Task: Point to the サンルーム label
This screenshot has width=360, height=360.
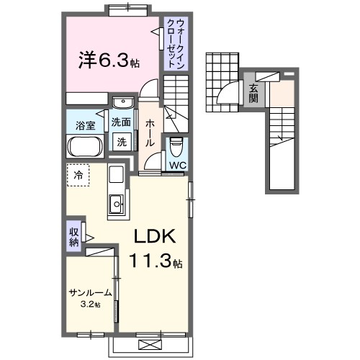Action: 90,293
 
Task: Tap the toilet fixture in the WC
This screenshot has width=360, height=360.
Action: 177,147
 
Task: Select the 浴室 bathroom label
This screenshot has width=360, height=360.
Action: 86,126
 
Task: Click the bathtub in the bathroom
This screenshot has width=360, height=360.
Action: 86,148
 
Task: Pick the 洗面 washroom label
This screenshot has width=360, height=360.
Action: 121,122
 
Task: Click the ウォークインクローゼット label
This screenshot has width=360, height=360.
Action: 175,43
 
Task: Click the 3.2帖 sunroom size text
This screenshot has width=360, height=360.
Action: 91,305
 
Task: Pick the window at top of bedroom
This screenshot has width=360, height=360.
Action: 130,9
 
